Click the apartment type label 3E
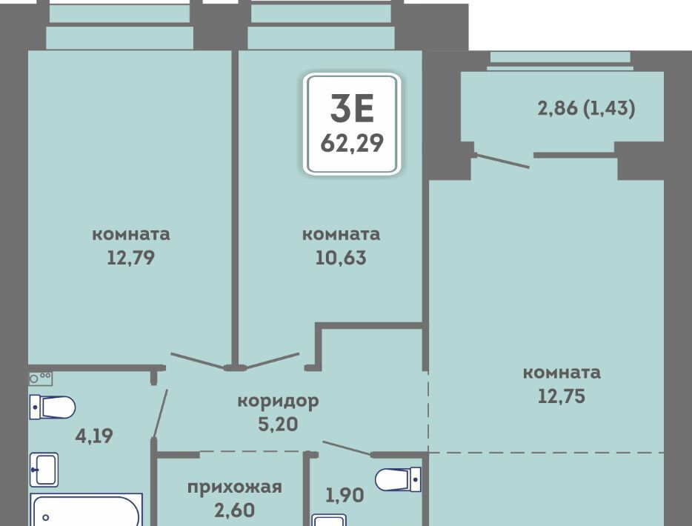[352, 108]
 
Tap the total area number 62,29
[352, 143]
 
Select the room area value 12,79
[130, 258]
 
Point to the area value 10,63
[341, 258]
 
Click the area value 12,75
[562, 396]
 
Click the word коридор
[278, 402]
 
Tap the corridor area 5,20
[278, 424]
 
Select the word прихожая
[234, 487]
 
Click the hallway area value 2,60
[234, 510]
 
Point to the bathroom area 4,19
[94, 436]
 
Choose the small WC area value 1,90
[345, 495]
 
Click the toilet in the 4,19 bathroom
[53, 407]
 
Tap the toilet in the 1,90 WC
[398, 479]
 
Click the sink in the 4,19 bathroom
[44, 470]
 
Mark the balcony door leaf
[502, 161]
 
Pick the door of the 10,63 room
[272, 361]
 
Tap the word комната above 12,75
[562, 373]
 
